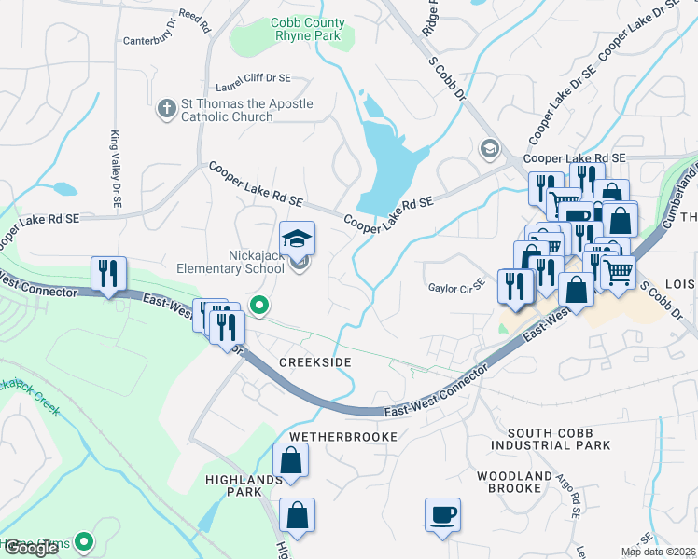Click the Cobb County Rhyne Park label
coord(307,30)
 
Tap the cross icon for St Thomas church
coord(167,110)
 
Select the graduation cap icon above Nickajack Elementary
coord(299,240)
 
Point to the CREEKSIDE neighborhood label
coord(313,361)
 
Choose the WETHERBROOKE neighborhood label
coord(343,436)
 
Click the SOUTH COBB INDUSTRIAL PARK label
coord(559,440)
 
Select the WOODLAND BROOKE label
coord(514,483)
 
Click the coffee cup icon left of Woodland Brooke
coord(442,514)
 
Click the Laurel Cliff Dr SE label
coord(253,81)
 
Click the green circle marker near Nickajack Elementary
coord(261,305)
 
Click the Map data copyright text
coord(658,552)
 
